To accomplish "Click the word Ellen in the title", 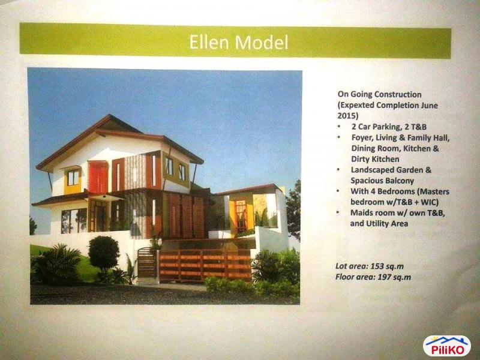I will [210, 43].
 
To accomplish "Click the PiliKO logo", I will [446, 346].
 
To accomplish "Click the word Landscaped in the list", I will [375, 170].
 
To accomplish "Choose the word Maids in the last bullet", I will [362, 212].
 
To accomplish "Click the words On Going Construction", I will [379, 94].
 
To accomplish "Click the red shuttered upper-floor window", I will [97, 178].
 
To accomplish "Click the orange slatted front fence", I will [204, 265].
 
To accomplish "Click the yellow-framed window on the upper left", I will [73, 178].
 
